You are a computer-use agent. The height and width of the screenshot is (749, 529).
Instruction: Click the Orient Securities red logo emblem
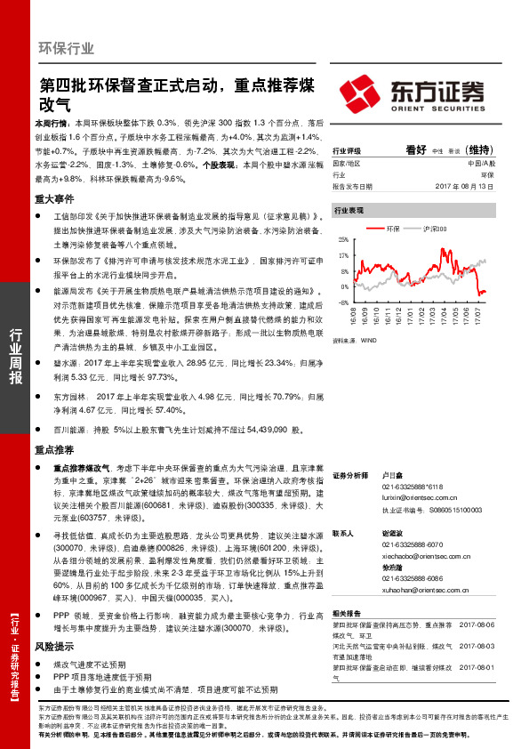click(x=359, y=93)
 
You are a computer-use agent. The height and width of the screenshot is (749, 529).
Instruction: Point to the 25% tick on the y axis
click(x=343, y=240)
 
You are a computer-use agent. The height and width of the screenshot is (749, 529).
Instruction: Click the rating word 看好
click(x=416, y=151)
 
